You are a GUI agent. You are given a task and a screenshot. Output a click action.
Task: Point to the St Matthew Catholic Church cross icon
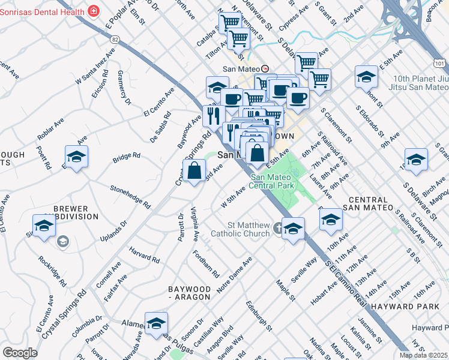click(x=278, y=228)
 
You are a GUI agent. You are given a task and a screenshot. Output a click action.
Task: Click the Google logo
click(x=20, y=353)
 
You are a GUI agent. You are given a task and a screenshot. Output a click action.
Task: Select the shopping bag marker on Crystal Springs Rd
click(x=194, y=172)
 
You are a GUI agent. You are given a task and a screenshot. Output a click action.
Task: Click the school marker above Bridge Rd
click(x=76, y=158)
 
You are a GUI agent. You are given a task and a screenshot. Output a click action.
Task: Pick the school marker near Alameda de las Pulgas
click(x=156, y=323)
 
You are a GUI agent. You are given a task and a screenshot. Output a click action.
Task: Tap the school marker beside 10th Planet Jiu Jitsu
click(x=366, y=77)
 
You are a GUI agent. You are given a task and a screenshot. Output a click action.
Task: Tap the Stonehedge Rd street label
click(x=130, y=196)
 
